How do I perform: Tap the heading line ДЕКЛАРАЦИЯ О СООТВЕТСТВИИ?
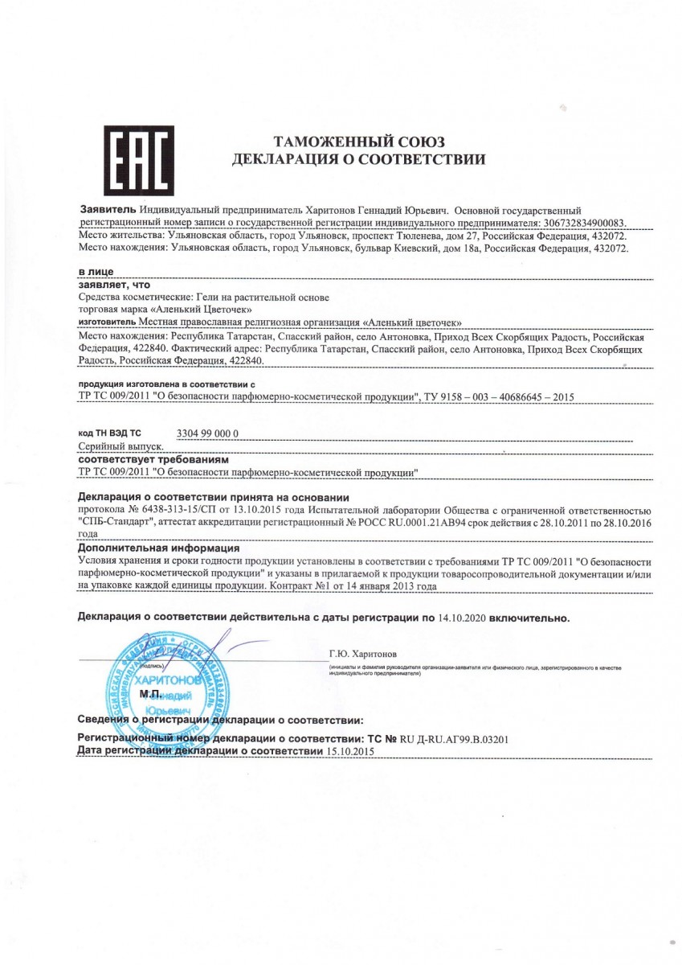tap(358, 160)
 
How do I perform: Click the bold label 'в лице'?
tap(96, 273)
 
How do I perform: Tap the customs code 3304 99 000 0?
tap(206, 434)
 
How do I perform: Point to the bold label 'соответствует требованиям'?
tap(153, 459)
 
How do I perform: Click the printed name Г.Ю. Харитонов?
tap(362, 654)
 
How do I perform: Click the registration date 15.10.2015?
tap(349, 750)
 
